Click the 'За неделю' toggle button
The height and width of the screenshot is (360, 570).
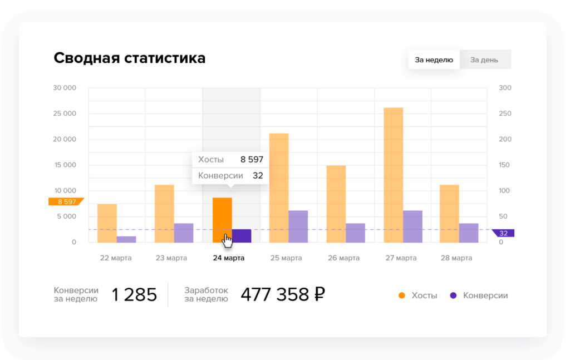(434, 60)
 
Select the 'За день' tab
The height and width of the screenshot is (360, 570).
(484, 60)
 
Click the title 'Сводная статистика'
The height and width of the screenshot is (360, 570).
(129, 58)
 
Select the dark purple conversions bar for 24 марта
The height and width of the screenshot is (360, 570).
(242, 236)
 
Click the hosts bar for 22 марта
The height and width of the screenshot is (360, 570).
(107, 223)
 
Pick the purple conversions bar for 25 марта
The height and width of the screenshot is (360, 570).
(298, 226)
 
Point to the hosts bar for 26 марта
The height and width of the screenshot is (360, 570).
(336, 204)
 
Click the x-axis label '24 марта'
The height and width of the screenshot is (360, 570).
(229, 258)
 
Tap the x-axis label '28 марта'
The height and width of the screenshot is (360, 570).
(456, 258)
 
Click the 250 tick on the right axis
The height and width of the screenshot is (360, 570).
(505, 114)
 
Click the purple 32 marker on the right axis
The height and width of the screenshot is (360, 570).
(504, 233)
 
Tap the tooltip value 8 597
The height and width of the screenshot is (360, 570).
(252, 160)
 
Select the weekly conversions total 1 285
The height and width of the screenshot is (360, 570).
(134, 294)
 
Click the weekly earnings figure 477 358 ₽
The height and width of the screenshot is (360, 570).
(282, 294)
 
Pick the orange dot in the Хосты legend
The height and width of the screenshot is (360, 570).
(402, 295)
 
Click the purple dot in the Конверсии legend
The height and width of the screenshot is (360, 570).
(453, 295)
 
